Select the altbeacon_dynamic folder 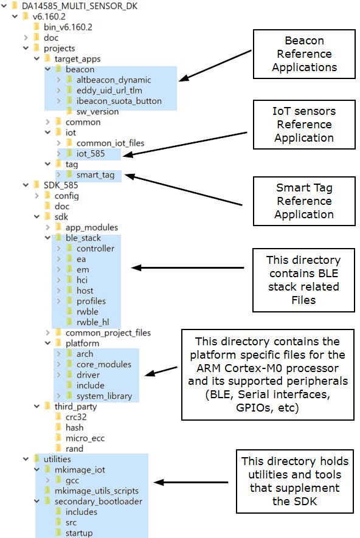click(114, 80)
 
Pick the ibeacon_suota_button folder click(119, 101)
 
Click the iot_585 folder click(91, 154)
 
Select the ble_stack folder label click(83, 238)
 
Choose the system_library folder click(104, 396)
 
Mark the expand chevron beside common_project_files click(47, 333)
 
